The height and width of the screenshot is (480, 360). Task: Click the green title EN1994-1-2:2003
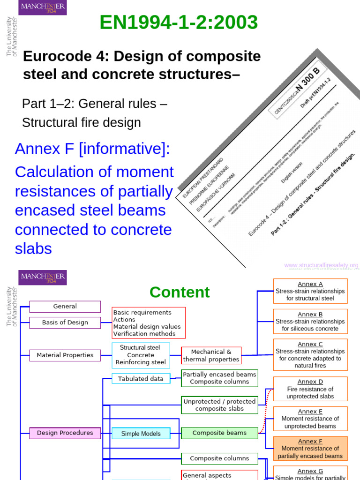(x=179, y=22)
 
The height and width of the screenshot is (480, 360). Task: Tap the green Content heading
(x=180, y=292)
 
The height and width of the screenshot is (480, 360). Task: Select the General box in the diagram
(x=65, y=307)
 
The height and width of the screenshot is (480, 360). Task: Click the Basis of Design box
(x=65, y=322)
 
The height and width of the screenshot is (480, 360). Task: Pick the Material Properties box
(x=65, y=355)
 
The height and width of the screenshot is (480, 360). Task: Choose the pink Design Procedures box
(x=65, y=433)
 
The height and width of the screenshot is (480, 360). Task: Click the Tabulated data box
(x=141, y=379)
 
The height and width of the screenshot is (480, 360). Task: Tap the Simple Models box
(x=141, y=434)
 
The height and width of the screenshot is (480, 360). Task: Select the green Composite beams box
(x=219, y=433)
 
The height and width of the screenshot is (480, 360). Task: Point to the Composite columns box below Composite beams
(x=219, y=458)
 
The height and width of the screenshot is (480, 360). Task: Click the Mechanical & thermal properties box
(x=211, y=355)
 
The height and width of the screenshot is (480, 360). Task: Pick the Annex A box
(x=310, y=291)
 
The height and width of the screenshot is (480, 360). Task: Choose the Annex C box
(x=310, y=355)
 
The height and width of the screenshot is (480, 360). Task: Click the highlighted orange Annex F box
(x=310, y=448)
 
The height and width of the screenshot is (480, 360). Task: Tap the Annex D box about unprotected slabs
(x=310, y=389)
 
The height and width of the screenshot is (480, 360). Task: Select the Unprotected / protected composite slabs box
(x=219, y=405)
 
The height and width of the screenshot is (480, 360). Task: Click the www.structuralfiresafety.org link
(x=321, y=265)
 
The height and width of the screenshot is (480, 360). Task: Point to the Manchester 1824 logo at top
(x=42, y=7)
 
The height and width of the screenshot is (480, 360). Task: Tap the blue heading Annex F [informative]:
(x=92, y=149)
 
